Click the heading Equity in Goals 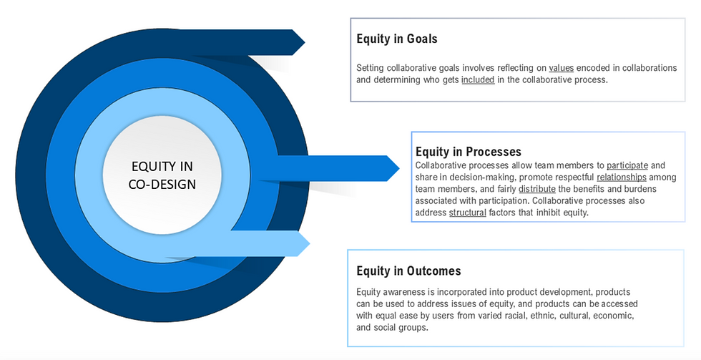pyautogui.click(x=397, y=39)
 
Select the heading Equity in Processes pyautogui.click(x=469, y=152)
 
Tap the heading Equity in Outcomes pyautogui.click(x=408, y=271)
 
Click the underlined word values pyautogui.click(x=562, y=68)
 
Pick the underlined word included pyautogui.click(x=478, y=80)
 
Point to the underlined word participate pyautogui.click(x=627, y=165)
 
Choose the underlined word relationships pyautogui.click(x=621, y=177)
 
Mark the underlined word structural pyautogui.click(x=468, y=213)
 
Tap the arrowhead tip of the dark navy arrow pyautogui.click(x=305, y=42)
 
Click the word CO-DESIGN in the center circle pyautogui.click(x=162, y=184)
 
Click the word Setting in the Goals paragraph pyautogui.click(x=371, y=68)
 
